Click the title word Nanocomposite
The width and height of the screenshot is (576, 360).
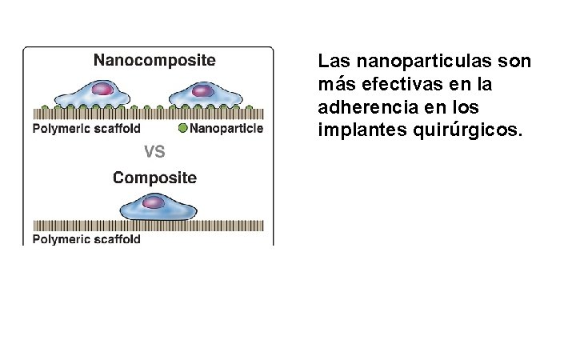coord(154,59)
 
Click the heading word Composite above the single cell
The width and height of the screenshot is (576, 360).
coord(154,178)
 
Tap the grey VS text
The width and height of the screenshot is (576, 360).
coord(154,151)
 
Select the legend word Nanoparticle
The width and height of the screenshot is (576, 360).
coord(226,128)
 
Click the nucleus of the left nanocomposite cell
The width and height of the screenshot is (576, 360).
coord(103,89)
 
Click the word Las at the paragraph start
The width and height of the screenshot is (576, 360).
coord(331,62)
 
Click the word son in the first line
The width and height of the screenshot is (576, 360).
coord(518,62)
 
